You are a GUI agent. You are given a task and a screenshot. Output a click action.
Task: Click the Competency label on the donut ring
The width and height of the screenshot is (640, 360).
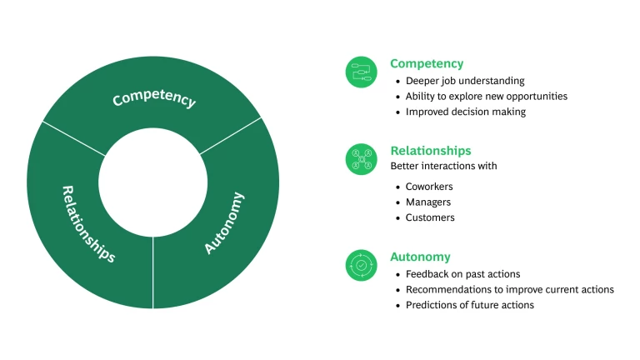coord(154,98)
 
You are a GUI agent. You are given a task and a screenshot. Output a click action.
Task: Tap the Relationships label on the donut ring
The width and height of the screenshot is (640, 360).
coord(88,223)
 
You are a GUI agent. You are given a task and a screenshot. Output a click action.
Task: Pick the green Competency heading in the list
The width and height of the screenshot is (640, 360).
coord(427,63)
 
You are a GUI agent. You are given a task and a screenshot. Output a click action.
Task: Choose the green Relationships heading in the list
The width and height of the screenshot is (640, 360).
coord(431,151)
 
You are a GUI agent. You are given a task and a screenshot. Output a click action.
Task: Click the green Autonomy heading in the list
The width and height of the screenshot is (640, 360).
coord(420,257)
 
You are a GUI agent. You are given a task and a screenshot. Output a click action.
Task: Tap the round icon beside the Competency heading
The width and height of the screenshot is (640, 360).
coord(362,72)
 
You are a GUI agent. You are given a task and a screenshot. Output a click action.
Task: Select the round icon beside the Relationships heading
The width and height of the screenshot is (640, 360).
coord(362,159)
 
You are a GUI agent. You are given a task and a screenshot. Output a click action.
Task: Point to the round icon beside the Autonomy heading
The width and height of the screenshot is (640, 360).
coord(362,265)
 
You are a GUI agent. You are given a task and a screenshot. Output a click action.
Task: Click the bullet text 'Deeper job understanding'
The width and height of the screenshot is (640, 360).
coord(465,81)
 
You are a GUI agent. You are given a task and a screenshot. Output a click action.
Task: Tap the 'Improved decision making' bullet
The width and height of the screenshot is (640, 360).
coord(466,112)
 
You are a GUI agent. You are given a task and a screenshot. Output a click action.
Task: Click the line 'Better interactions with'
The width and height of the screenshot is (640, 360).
coord(443,166)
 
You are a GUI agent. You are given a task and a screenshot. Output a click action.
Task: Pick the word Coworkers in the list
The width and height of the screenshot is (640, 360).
coord(429,187)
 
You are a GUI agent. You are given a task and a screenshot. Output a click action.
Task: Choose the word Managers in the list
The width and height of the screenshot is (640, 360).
coord(427,202)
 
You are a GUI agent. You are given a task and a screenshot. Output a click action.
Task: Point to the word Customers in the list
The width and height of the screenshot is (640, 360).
coord(430,217)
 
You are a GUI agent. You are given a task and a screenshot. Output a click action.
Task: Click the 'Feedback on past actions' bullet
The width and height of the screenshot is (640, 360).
coord(462,274)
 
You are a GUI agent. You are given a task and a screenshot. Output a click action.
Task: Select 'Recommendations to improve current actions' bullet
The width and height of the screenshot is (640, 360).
coord(510,289)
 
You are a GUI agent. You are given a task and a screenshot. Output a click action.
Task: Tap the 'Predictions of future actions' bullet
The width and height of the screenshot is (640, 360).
coord(470,305)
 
